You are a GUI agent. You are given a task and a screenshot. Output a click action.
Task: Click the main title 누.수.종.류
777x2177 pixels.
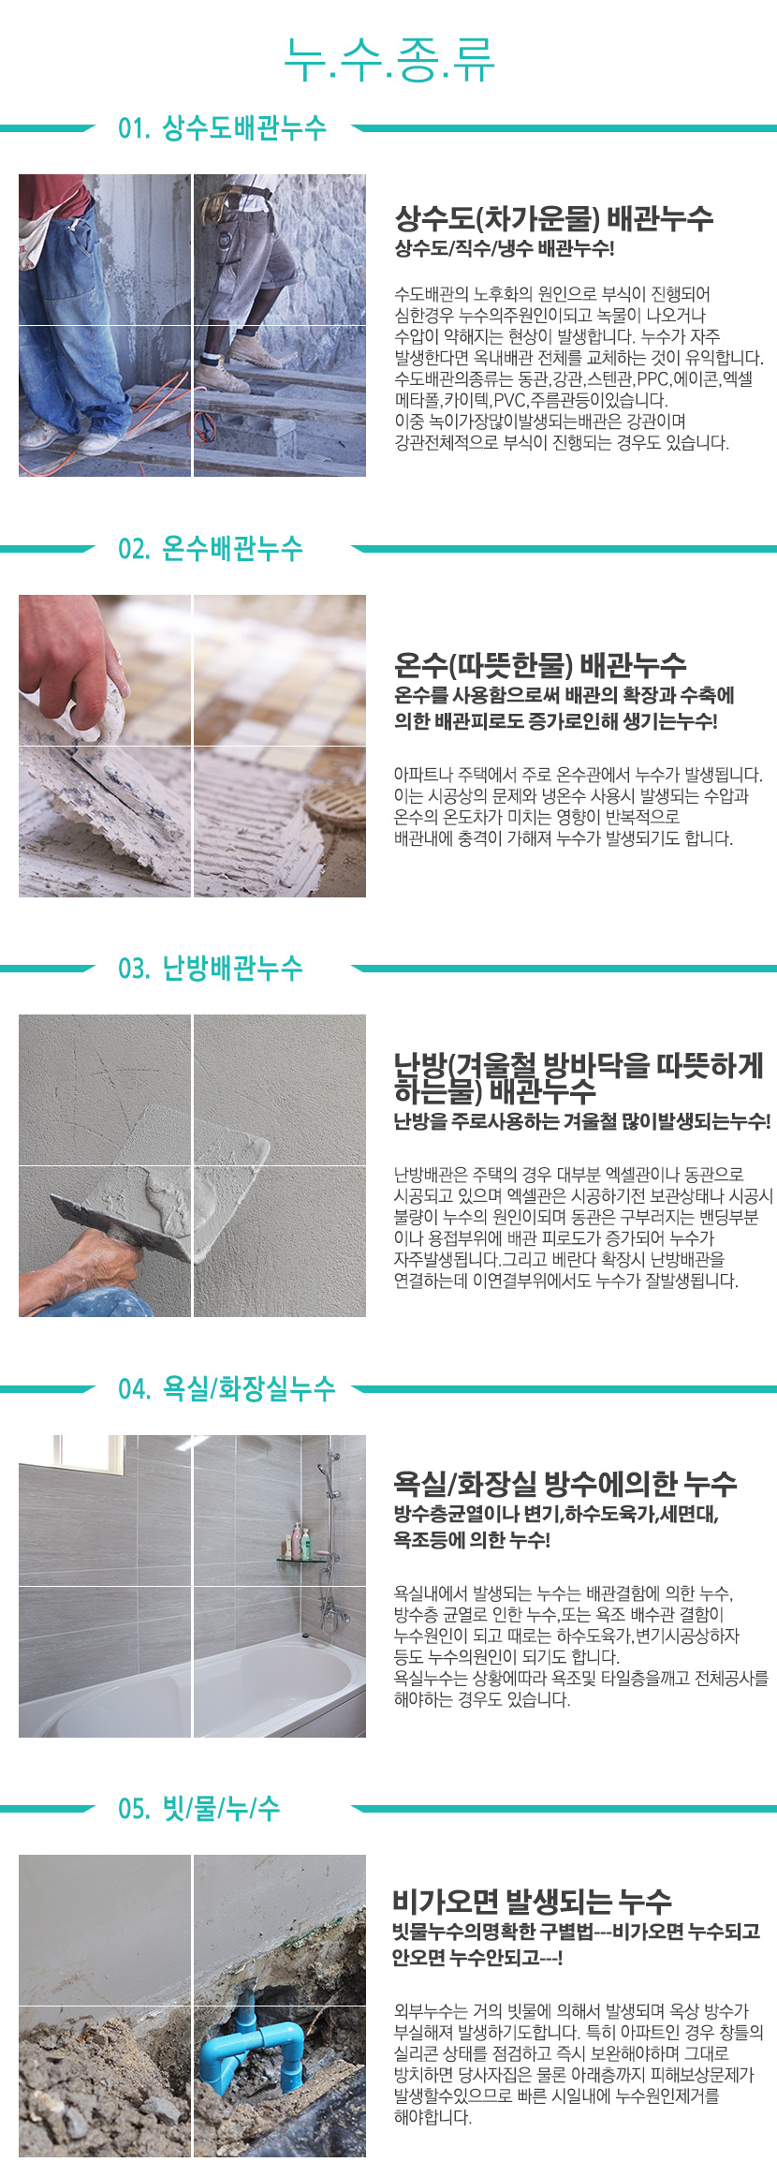pyautogui.click(x=388, y=61)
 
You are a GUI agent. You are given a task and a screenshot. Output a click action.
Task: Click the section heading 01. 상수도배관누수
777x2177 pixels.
pyautogui.click(x=222, y=127)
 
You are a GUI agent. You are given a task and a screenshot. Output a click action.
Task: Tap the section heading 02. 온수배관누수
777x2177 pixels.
pyautogui.click(x=210, y=548)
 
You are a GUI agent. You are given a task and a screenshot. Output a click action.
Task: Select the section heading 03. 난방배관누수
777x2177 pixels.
pyautogui.click(x=210, y=968)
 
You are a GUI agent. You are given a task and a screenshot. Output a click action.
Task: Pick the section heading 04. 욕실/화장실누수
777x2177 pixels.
pyautogui.click(x=226, y=1388)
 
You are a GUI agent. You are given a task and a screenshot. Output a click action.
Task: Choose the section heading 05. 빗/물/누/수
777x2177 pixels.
pyautogui.click(x=198, y=1808)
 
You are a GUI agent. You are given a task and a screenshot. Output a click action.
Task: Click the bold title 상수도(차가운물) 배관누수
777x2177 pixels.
pyautogui.click(x=553, y=218)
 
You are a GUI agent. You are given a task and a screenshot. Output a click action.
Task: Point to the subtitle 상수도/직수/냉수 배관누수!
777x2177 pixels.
pyautogui.click(x=504, y=249)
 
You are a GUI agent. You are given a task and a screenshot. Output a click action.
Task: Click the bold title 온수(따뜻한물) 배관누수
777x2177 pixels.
pyautogui.click(x=539, y=665)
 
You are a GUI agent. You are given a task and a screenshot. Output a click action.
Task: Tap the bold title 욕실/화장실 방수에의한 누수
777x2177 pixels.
pyautogui.click(x=564, y=1483)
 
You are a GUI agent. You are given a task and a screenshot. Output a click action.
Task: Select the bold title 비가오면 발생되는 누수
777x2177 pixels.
pyautogui.click(x=531, y=1902)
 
